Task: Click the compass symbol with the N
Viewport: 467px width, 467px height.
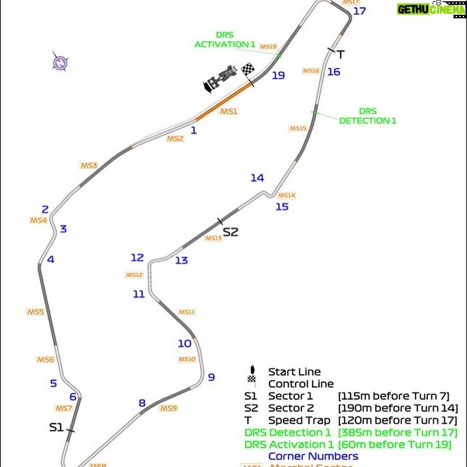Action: pos(59,63)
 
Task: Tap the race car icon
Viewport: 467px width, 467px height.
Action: pos(220,79)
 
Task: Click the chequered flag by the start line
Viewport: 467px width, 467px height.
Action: pos(248,70)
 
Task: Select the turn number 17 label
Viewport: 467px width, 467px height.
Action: pos(359,11)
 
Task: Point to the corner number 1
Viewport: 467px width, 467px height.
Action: pos(193,130)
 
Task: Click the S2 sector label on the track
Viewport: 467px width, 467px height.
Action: pos(230,232)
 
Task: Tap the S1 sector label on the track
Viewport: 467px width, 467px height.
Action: pos(56,427)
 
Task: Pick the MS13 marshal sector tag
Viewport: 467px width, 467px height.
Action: pos(213,239)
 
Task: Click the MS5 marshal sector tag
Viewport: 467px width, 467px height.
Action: pos(36,312)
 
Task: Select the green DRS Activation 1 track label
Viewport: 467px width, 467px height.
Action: pos(226,40)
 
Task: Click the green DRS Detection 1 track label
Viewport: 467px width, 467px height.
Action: pos(368,116)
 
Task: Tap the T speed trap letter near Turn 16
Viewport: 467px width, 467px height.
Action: pos(340,54)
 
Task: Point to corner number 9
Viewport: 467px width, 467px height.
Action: pos(211,377)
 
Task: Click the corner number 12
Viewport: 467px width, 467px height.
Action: pos(137,257)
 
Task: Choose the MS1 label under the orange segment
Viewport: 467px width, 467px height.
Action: pos(228,111)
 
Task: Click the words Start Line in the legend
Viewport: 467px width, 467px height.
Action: pos(294,372)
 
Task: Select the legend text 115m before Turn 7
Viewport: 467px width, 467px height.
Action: pos(395,395)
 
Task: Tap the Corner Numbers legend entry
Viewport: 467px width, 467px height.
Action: pos(313,456)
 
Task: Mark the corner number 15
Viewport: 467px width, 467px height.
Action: pos(282,207)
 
